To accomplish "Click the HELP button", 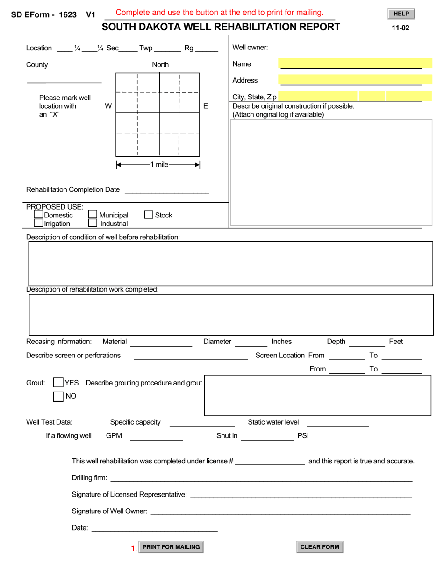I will click(401, 14).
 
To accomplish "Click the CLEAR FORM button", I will click(320, 547).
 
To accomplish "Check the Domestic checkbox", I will click(38, 215).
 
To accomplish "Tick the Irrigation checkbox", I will click(38, 223).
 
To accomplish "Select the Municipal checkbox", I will click(93, 215).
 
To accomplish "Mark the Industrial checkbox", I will click(93, 223).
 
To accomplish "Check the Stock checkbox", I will click(149, 215).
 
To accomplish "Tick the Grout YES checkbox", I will click(58, 383).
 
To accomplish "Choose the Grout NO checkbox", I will click(58, 396).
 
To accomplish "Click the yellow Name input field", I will click(355, 63).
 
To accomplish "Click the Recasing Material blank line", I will click(161, 342).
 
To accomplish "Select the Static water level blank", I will click(337, 423).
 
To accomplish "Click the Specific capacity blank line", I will click(201, 423).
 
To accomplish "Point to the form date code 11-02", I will click(401, 28).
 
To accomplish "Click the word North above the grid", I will click(160, 64).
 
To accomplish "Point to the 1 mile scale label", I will click(159, 165).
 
